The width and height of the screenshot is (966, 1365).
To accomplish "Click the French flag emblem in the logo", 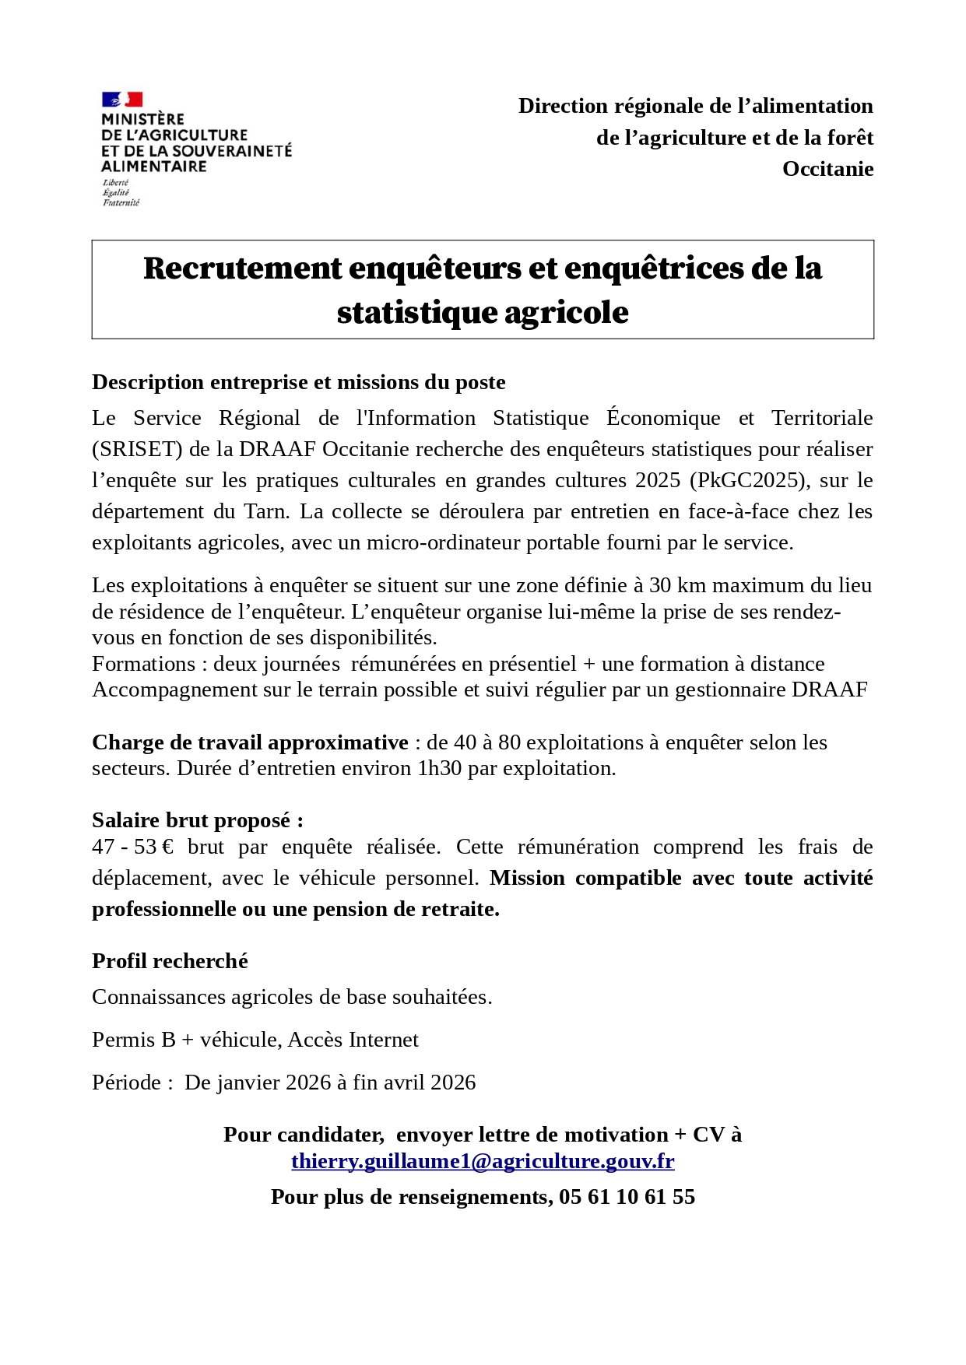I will tap(122, 100).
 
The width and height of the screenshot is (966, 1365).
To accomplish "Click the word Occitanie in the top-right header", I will tap(827, 169).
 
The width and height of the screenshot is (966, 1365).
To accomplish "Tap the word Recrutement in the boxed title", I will tap(243, 268).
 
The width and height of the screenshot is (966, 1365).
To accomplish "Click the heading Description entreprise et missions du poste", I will tap(299, 382).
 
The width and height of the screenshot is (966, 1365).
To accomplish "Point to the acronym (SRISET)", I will tap(137, 449).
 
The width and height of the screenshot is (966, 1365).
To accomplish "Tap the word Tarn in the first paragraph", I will tap(267, 511).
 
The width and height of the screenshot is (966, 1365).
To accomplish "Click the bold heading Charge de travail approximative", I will tap(250, 742).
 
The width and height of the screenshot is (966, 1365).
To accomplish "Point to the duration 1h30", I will tap(439, 768).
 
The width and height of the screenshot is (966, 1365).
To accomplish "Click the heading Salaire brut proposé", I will tap(198, 820).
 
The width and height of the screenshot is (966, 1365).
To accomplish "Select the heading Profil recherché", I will tap(170, 961).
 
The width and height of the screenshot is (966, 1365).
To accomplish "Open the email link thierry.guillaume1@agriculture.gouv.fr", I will tap(483, 1161).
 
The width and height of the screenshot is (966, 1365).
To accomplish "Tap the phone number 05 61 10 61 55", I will tap(627, 1197).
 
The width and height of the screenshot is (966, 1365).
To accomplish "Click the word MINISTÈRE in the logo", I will tap(142, 119).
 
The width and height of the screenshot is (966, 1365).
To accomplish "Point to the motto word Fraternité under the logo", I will tap(121, 203).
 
